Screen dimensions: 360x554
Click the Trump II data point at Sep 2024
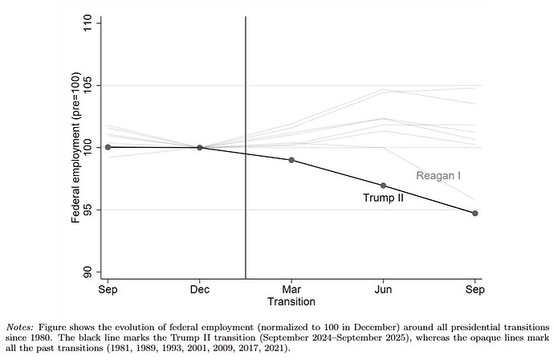click(x=107, y=147)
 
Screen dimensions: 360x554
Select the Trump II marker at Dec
click(x=199, y=147)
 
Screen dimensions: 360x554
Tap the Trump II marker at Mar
click(x=291, y=160)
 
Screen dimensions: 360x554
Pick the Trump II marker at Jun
click(x=383, y=186)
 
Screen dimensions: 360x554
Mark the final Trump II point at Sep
click(x=475, y=213)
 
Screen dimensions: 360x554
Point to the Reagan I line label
click(x=437, y=175)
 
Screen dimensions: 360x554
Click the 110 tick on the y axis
click(x=88, y=23)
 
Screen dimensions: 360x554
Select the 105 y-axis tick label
click(x=88, y=85)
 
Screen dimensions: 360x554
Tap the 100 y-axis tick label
click(x=88, y=147)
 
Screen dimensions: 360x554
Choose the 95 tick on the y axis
click(x=88, y=210)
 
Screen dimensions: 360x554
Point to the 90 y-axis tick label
click(x=88, y=272)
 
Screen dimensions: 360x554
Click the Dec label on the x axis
click(x=199, y=288)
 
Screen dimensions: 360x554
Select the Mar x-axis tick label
click(x=291, y=288)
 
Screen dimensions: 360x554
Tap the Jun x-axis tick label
click(x=383, y=288)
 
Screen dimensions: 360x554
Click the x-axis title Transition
click(x=291, y=301)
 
